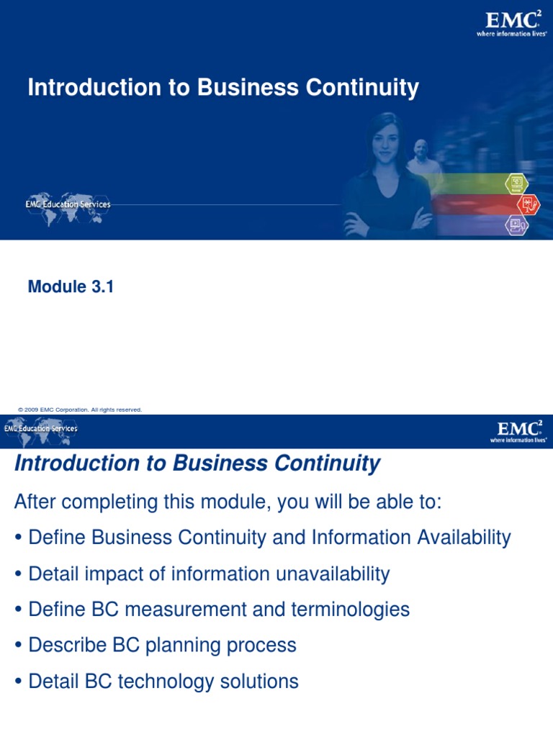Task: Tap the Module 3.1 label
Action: [x=71, y=287]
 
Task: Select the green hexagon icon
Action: [x=516, y=184]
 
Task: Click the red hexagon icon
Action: [x=527, y=204]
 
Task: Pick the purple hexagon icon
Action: [x=516, y=225]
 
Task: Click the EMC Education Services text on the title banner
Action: [x=68, y=205]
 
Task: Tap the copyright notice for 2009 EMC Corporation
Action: [x=80, y=410]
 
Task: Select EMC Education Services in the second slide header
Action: [x=41, y=429]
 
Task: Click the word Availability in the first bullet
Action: [x=454, y=538]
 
